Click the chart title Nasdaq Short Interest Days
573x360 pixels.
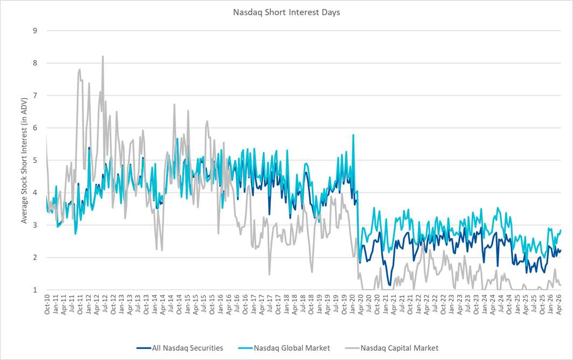click(x=286, y=12)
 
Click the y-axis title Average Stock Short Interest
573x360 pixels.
click(x=24, y=161)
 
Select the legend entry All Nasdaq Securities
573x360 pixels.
click(x=187, y=348)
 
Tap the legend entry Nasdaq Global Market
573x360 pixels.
click(x=292, y=348)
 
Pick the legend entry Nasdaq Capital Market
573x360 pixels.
click(x=400, y=348)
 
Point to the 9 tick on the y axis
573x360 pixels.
click(x=35, y=31)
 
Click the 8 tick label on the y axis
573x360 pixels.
click(x=35, y=63)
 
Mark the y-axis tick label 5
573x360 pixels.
click(x=35, y=160)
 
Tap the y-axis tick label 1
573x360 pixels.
click(x=35, y=290)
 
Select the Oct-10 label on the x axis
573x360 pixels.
click(x=47, y=304)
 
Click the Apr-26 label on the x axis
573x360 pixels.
click(x=558, y=304)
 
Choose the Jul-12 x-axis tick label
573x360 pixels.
click(x=105, y=304)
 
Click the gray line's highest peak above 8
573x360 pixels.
click(x=103, y=57)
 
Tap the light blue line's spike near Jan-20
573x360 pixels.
click(x=353, y=135)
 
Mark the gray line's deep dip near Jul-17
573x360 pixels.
click(x=269, y=274)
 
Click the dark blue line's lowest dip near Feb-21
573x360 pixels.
click(x=390, y=285)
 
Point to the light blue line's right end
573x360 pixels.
click(x=561, y=230)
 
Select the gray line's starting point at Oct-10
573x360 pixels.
click(x=46, y=135)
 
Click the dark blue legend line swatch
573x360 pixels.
click(x=144, y=348)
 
